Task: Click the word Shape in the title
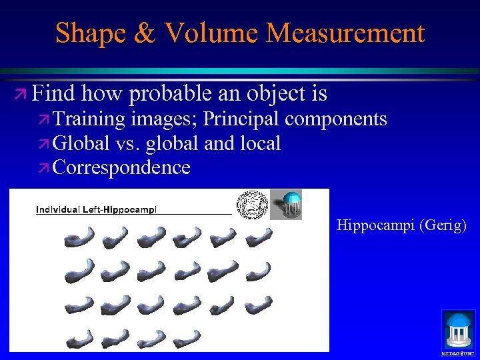[x=89, y=33]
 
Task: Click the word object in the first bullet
[x=275, y=94]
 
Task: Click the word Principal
[x=242, y=119]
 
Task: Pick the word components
[x=337, y=119]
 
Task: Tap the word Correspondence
[x=121, y=167]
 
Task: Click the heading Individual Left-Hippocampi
[x=97, y=209]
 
